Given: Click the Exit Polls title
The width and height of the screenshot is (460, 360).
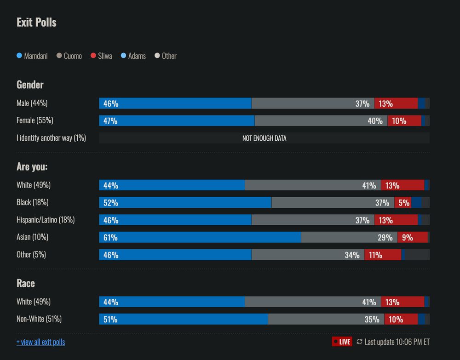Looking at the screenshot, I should pos(36,23).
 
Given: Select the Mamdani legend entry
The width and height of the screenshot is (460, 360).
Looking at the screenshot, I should pos(32,56).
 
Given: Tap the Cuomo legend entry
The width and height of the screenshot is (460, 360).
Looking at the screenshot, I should pos(69,56).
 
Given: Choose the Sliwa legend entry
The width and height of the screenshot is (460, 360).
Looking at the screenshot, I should pos(101,56).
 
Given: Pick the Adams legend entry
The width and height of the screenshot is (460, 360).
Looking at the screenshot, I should pos(133,56).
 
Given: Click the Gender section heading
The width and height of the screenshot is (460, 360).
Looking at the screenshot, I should pos(30,85).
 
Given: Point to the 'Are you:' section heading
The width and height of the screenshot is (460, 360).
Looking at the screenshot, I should pos(32,166).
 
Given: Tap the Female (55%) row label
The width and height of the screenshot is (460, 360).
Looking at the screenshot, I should pos(35,120).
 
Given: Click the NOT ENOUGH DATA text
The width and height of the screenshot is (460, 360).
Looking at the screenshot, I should pos(264,138).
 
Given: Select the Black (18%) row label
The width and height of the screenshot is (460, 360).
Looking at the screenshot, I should pos(32,202).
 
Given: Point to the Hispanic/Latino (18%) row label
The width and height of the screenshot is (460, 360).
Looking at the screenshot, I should pos(46,220).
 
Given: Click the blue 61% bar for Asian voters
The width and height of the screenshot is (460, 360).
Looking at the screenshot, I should pos(200,237).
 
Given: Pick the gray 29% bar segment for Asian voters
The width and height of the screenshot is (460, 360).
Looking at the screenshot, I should pos(349,237).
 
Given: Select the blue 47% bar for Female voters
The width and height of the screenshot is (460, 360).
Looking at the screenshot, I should pos(177,120).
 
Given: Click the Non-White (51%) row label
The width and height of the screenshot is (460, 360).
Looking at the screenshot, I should pos(39,319).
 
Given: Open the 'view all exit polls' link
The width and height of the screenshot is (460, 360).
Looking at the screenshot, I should pos(40,342).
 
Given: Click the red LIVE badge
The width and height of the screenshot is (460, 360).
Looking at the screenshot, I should pos(342,342).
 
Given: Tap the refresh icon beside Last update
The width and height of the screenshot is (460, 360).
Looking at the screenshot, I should pos(359,342).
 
